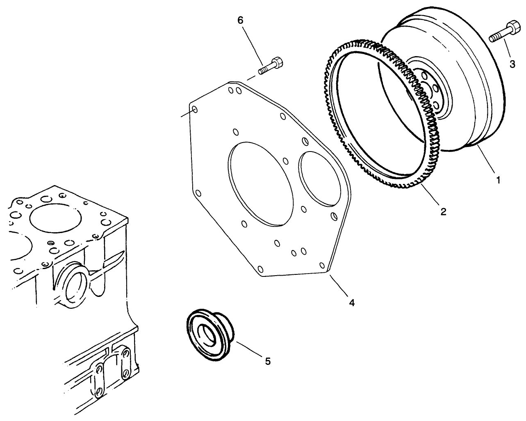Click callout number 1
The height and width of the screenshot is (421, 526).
[498, 180]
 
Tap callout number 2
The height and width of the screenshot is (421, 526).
[443, 211]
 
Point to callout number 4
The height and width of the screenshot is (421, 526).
[352, 303]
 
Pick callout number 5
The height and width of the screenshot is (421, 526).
[267, 361]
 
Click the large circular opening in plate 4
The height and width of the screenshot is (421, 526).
[261, 183]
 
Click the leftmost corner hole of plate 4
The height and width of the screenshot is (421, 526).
[195, 109]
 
